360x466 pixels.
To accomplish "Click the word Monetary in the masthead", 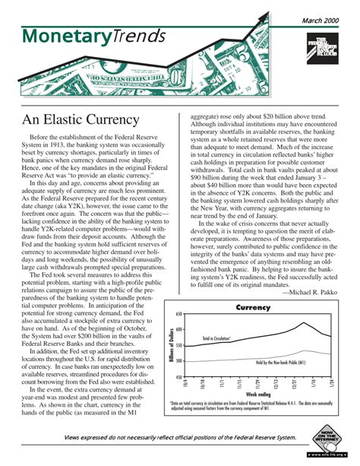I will [57, 37].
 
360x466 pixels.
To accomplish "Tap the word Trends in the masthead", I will [139, 37].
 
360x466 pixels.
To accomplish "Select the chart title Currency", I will [253, 308].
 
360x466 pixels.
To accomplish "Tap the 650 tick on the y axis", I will [180, 314].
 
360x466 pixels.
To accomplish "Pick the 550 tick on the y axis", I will [180, 346].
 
